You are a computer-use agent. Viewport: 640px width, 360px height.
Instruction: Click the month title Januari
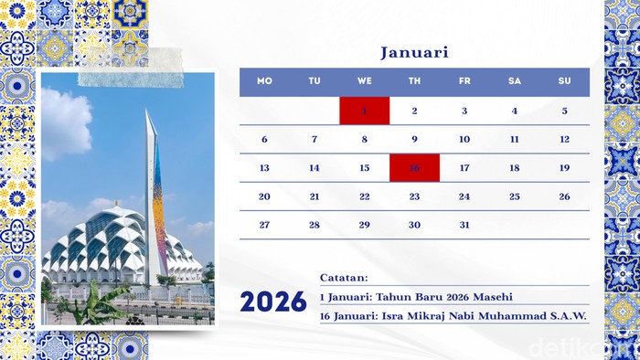click(414, 52)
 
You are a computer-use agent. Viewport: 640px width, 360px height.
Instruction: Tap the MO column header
click(264, 81)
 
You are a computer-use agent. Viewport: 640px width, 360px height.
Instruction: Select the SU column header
click(564, 81)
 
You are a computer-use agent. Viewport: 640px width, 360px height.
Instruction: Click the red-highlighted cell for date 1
click(364, 111)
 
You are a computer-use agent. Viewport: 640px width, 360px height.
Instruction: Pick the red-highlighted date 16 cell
click(414, 167)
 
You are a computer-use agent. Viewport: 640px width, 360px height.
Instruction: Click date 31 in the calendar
click(464, 225)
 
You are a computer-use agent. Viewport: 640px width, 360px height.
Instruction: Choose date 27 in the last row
click(264, 225)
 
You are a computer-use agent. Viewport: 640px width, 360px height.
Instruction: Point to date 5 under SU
click(564, 111)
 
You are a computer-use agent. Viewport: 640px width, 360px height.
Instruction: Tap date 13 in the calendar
click(264, 168)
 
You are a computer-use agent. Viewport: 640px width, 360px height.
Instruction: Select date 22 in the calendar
click(364, 196)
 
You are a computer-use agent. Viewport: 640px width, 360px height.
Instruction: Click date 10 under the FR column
click(464, 140)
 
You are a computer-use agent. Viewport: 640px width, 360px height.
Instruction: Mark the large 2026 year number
click(273, 302)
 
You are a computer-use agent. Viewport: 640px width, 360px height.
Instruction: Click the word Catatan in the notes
click(343, 277)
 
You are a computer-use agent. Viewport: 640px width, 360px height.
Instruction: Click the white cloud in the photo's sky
click(66, 123)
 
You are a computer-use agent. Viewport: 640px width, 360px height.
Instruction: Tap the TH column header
click(414, 81)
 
